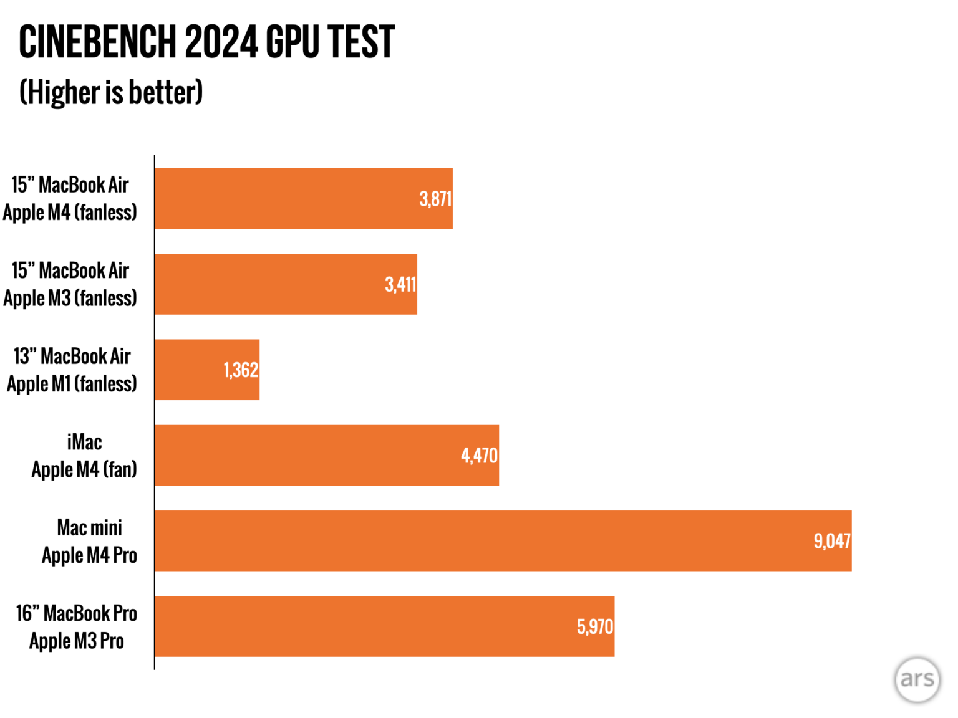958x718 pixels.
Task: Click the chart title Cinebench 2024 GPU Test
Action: [206, 42]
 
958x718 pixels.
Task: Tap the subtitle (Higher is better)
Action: [111, 93]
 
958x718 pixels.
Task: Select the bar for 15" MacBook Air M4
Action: [287, 198]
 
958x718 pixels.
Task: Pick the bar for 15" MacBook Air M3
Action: [268, 284]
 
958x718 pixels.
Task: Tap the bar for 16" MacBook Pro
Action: [362, 626]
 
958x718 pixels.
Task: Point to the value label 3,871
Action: [435, 199]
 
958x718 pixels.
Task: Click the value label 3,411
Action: [400, 285]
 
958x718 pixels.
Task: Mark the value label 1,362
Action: [241, 370]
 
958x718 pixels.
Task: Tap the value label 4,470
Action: [479, 456]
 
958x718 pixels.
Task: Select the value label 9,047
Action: [832, 541]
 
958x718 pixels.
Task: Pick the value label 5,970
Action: [595, 626]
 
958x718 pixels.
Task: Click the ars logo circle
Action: [917, 679]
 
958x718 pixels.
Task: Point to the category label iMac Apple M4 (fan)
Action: [84, 456]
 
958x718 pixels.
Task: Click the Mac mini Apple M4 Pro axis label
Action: [89, 541]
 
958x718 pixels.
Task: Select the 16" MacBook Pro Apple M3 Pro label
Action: [76, 627]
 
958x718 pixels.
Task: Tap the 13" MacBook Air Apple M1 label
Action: [72, 370]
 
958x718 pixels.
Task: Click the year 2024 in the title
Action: [221, 42]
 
